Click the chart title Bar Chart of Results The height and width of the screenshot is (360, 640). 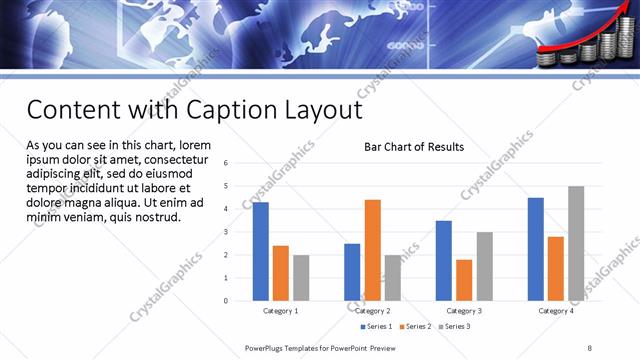pyautogui.click(x=413, y=148)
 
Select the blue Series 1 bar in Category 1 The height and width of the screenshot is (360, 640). pyautogui.click(x=261, y=251)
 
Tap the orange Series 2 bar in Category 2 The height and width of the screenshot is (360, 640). pyautogui.click(x=372, y=250)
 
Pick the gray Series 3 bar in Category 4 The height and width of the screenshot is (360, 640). pyautogui.click(x=576, y=243)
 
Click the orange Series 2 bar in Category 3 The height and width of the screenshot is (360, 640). pyautogui.click(x=464, y=280)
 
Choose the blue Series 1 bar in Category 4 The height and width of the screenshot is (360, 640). pyautogui.click(x=536, y=249)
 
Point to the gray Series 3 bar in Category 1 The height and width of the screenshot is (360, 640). pyautogui.click(x=301, y=277)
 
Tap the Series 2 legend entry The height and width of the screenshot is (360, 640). pyautogui.click(x=417, y=326)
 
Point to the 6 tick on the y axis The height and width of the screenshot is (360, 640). pyautogui.click(x=226, y=163)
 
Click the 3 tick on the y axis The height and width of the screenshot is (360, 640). pyautogui.click(x=226, y=232)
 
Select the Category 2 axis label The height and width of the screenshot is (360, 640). pyautogui.click(x=372, y=311)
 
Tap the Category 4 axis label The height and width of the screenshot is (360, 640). pyautogui.click(x=556, y=311)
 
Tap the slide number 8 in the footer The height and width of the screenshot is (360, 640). pyautogui.click(x=589, y=347)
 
